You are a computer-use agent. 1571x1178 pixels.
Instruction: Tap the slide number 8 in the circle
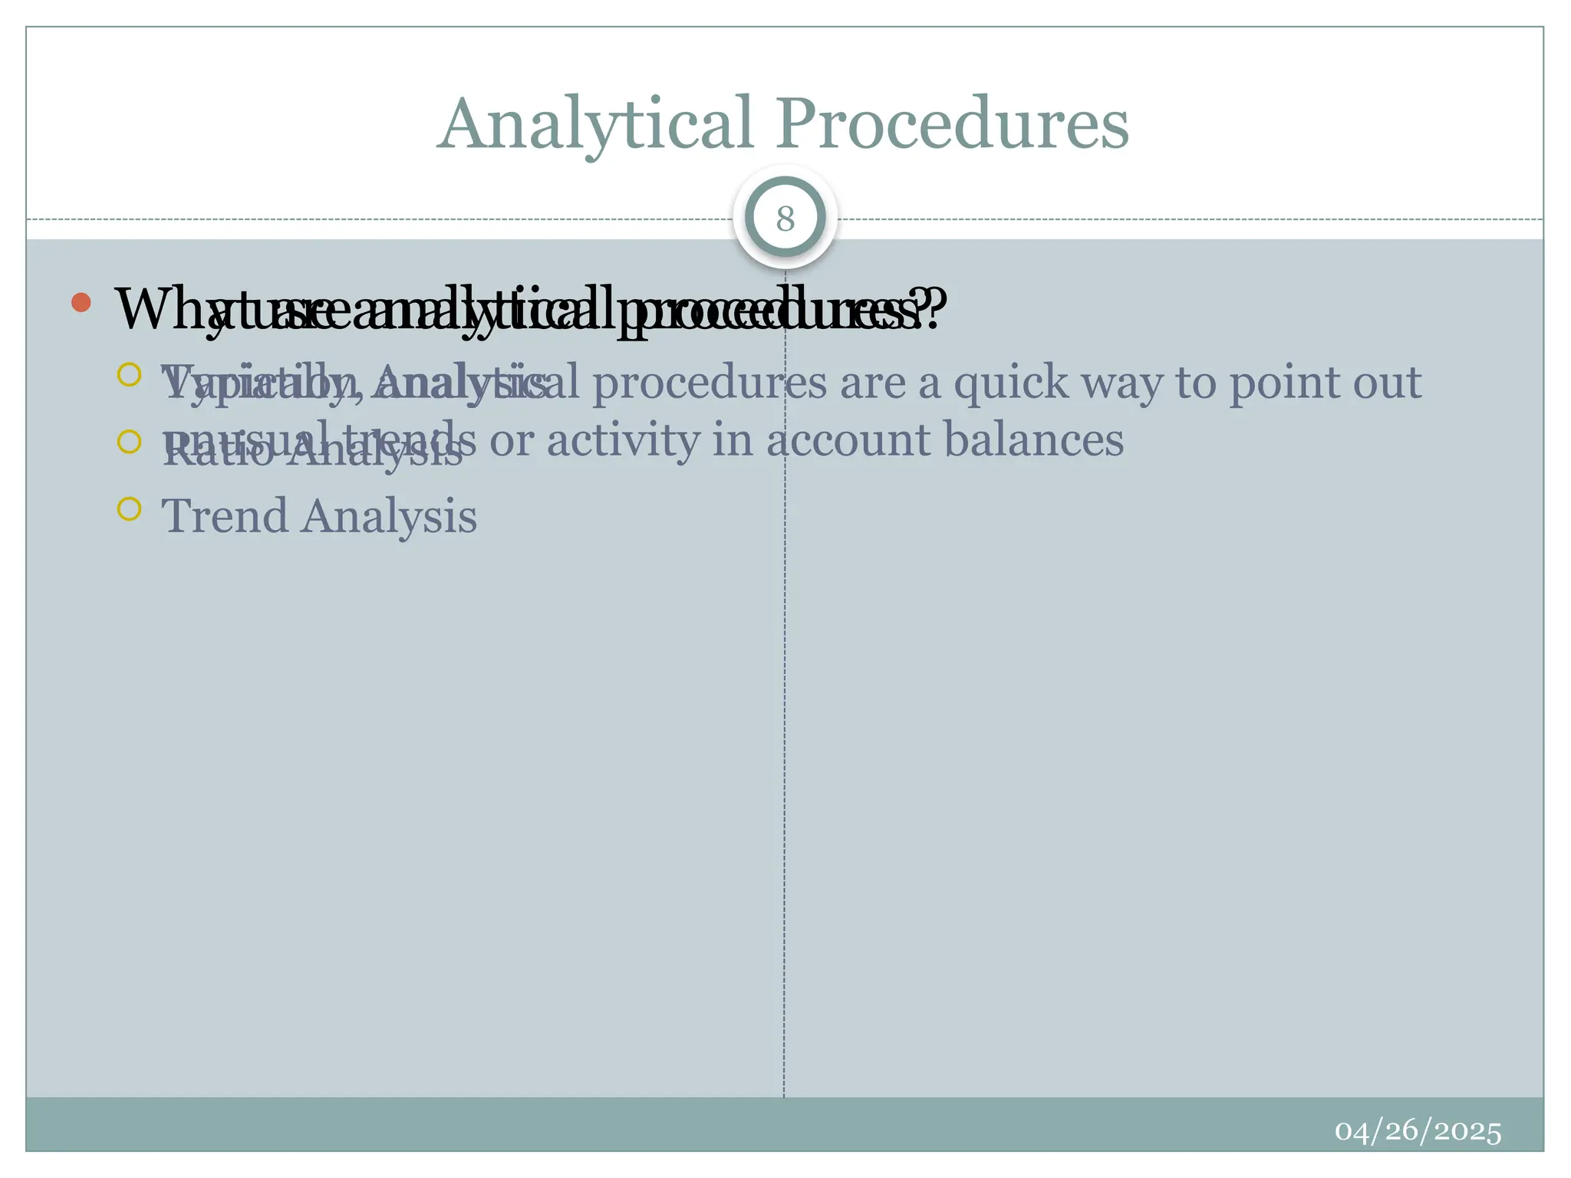[785, 219]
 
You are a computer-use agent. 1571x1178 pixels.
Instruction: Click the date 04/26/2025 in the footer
[1418, 1131]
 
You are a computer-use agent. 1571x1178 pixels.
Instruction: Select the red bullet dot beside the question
[81, 302]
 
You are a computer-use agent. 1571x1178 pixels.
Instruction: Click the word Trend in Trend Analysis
[225, 515]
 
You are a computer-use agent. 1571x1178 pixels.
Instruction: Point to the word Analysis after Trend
[389, 515]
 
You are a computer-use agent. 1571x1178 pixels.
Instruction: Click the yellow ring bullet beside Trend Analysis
[130, 508]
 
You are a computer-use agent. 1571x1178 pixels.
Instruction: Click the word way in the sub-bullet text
[1121, 383]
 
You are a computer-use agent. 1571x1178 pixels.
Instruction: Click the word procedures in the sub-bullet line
[710, 383]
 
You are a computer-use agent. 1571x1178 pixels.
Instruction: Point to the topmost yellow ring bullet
[130, 374]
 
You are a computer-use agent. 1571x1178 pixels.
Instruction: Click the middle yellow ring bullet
[130, 442]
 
